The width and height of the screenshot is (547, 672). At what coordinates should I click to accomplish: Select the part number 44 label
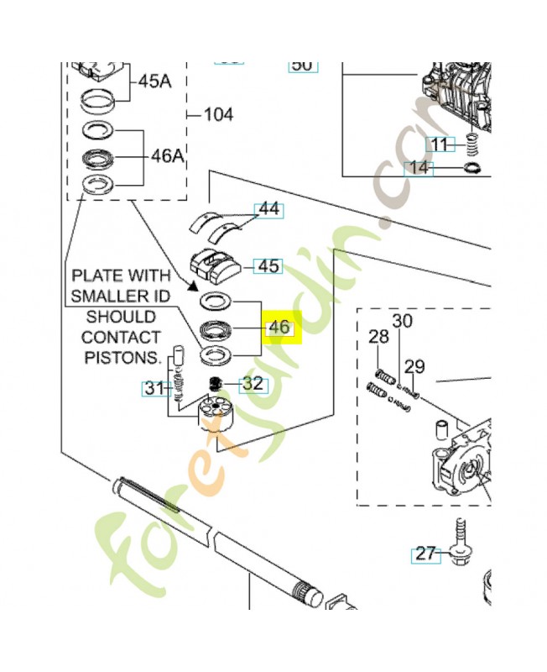click(268, 209)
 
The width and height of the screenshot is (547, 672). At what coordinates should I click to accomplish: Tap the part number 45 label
click(268, 266)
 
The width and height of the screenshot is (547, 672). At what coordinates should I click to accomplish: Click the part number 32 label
click(253, 384)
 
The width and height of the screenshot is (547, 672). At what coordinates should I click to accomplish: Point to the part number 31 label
click(154, 388)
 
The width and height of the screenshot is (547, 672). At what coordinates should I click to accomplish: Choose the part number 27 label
click(425, 554)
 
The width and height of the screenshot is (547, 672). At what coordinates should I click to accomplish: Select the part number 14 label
click(419, 168)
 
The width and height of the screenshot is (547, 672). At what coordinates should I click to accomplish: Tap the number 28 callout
click(379, 337)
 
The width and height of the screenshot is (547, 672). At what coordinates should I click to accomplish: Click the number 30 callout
click(403, 321)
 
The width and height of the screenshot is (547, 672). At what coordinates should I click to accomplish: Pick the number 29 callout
click(414, 366)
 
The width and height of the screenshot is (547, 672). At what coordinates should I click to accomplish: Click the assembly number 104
click(218, 114)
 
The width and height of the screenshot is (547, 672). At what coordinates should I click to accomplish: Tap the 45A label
click(154, 81)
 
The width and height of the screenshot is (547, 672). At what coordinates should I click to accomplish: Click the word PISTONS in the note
click(123, 358)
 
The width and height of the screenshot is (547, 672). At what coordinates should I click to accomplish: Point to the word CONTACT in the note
click(121, 338)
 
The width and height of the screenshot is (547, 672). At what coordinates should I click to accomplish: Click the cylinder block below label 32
click(214, 414)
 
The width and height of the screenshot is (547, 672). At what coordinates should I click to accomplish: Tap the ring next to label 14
click(472, 170)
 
